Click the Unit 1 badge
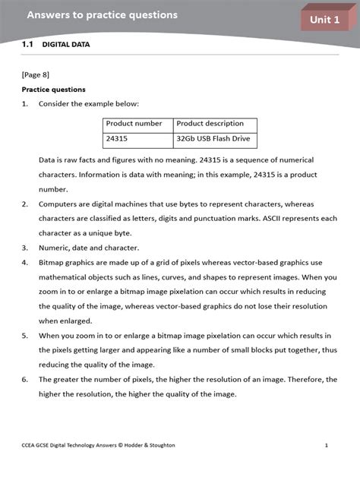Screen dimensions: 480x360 (324, 20)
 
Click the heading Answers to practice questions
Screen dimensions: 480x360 (102, 14)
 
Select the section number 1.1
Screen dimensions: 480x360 (27, 45)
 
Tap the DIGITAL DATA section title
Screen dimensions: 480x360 (65, 45)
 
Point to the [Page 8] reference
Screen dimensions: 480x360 (36, 74)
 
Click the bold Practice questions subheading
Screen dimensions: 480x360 (53, 89)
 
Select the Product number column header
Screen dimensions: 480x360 (134, 124)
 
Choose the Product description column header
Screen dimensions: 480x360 (210, 124)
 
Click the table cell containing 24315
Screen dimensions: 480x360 (117, 141)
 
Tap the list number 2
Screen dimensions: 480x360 (24, 204)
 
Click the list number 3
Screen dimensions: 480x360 (24, 248)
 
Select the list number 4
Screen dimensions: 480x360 (24, 262)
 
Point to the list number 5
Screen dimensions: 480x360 (24, 335)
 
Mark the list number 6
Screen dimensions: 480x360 (24, 379)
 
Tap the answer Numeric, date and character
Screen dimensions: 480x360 (89, 248)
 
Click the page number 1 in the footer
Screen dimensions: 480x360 (326, 445)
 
